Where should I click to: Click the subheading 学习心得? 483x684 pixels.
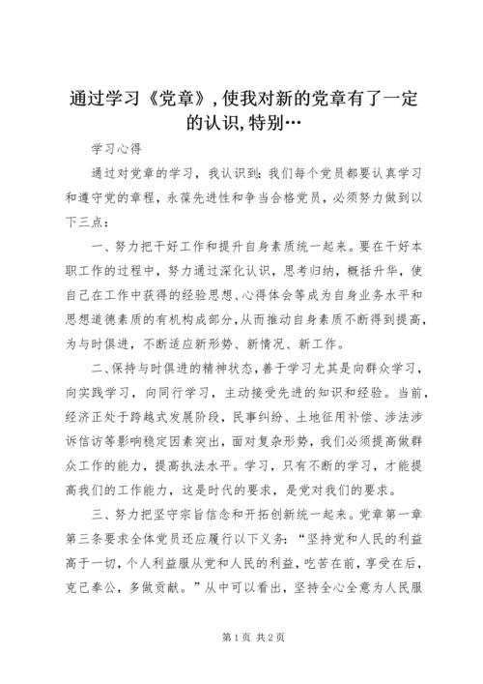(117, 150)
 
